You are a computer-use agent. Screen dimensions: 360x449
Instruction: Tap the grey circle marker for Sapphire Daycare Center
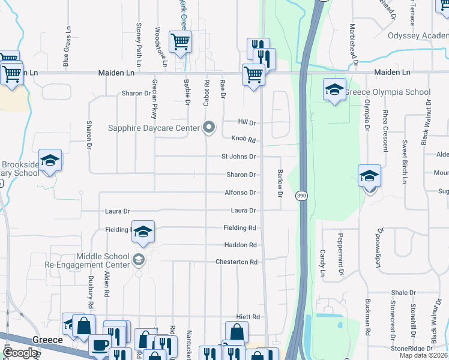(x=209, y=127)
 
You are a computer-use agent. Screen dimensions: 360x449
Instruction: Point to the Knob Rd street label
(x=244, y=139)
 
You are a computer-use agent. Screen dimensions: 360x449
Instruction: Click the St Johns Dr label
(x=239, y=157)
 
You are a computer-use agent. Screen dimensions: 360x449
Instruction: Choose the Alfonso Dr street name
(x=241, y=193)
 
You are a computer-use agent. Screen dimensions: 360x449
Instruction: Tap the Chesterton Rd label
(x=237, y=262)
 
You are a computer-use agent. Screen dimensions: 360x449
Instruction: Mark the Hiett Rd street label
(x=247, y=317)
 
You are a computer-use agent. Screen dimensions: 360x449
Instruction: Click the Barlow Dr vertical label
(x=280, y=182)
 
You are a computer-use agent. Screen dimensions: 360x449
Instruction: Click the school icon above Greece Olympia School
(x=334, y=90)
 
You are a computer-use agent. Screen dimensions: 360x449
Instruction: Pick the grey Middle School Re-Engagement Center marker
(x=139, y=259)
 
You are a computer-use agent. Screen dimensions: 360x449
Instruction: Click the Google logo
(x=20, y=353)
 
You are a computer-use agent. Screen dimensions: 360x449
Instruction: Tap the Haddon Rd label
(x=241, y=245)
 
